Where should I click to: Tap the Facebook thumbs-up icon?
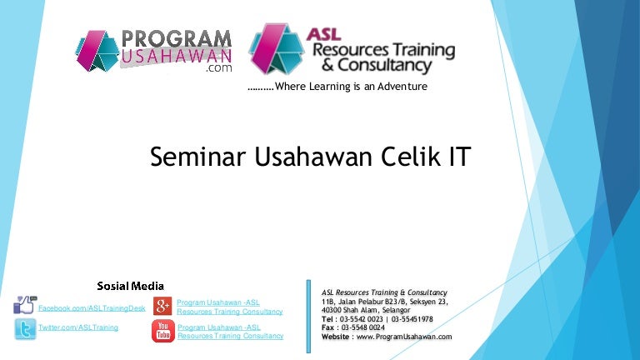tap(26, 306)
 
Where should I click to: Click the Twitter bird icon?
tap(26, 330)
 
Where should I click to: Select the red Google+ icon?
tap(163, 306)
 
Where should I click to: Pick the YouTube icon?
tap(163, 331)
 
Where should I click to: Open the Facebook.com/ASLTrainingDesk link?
tap(92, 308)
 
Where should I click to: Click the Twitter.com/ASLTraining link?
tap(78, 327)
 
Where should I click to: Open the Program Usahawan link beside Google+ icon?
tap(229, 307)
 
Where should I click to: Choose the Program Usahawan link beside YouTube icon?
tap(229, 332)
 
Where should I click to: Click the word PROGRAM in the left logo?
tap(177, 39)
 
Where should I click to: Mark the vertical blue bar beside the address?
tap(309, 317)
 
